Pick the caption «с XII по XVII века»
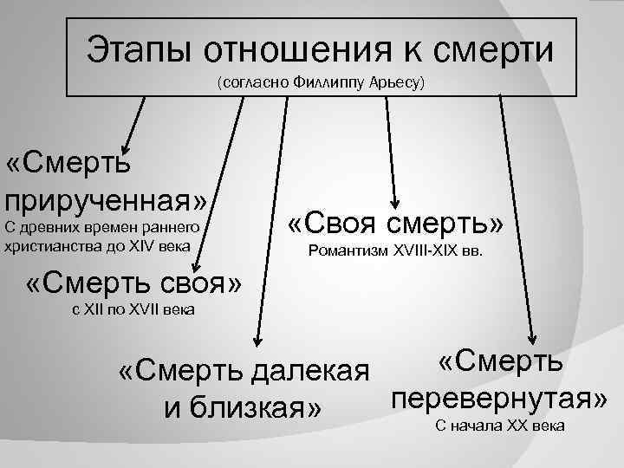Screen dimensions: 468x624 [x=133, y=310]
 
